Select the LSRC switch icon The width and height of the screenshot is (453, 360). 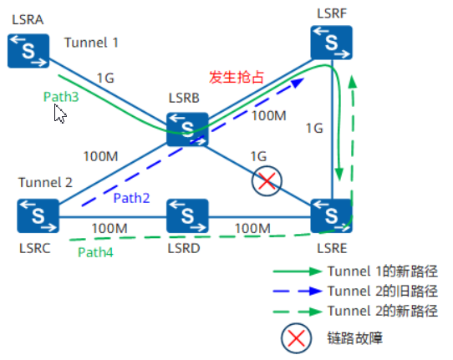tap(38, 215)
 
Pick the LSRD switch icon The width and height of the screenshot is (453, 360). tap(186, 215)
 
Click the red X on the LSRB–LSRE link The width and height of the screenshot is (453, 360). tap(267, 181)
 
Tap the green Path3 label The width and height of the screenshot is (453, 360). tap(61, 97)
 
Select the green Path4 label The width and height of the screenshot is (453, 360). tap(95, 251)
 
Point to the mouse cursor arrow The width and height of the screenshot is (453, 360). tap(59, 114)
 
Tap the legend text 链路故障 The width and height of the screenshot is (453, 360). tap(355, 337)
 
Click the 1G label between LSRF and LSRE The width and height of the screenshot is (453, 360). tap(313, 129)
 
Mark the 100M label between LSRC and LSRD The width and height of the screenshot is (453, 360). tap(109, 227)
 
